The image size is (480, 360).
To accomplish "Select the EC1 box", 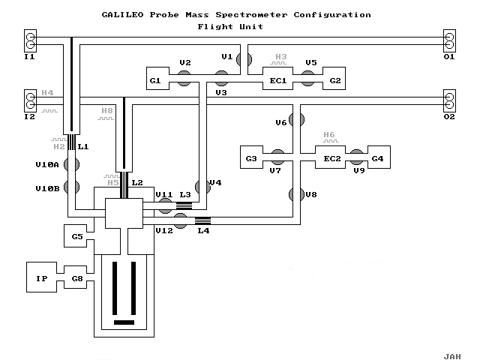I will click(x=274, y=79).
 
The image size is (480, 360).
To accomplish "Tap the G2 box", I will click(x=334, y=79).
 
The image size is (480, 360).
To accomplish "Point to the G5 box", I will click(x=77, y=237).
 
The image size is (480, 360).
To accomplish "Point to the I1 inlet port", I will click(x=30, y=40).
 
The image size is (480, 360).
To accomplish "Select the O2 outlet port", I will click(x=450, y=99).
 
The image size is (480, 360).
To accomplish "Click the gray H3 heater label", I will click(x=281, y=57).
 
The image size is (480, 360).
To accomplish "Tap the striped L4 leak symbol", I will click(x=203, y=220).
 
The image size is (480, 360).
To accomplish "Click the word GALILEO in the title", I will click(x=121, y=14).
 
